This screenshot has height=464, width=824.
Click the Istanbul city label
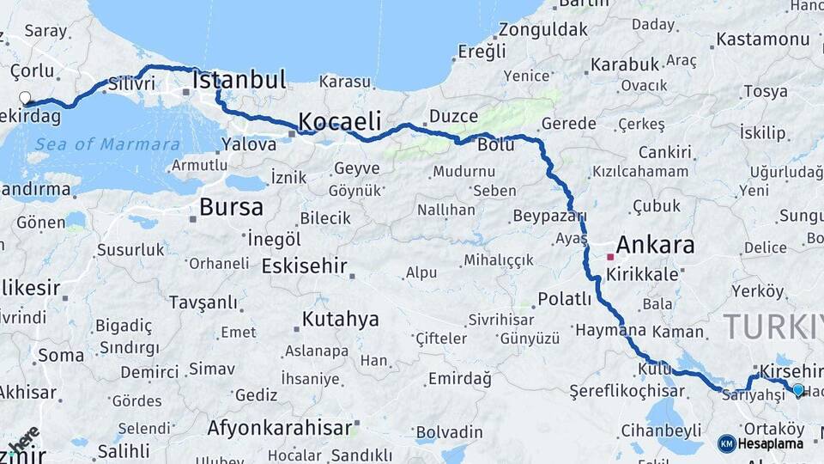tap(239, 81)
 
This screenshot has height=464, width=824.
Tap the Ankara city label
tap(655, 246)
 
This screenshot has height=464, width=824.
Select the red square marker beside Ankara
tap(610, 256)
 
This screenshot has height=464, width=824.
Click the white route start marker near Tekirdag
tap(25, 98)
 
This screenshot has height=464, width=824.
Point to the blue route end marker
tap(798, 390)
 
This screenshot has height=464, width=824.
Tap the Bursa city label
tap(231, 206)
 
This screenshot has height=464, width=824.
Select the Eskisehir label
tap(304, 265)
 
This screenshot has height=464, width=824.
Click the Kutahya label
tap(340, 320)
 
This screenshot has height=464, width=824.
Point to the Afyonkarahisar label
tap(280, 427)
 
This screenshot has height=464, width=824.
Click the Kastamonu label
tap(762, 40)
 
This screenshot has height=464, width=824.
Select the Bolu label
tap(496, 144)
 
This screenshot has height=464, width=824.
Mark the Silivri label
tap(131, 84)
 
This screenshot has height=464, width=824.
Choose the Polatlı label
tap(565, 299)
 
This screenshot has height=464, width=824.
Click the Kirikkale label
tap(642, 275)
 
